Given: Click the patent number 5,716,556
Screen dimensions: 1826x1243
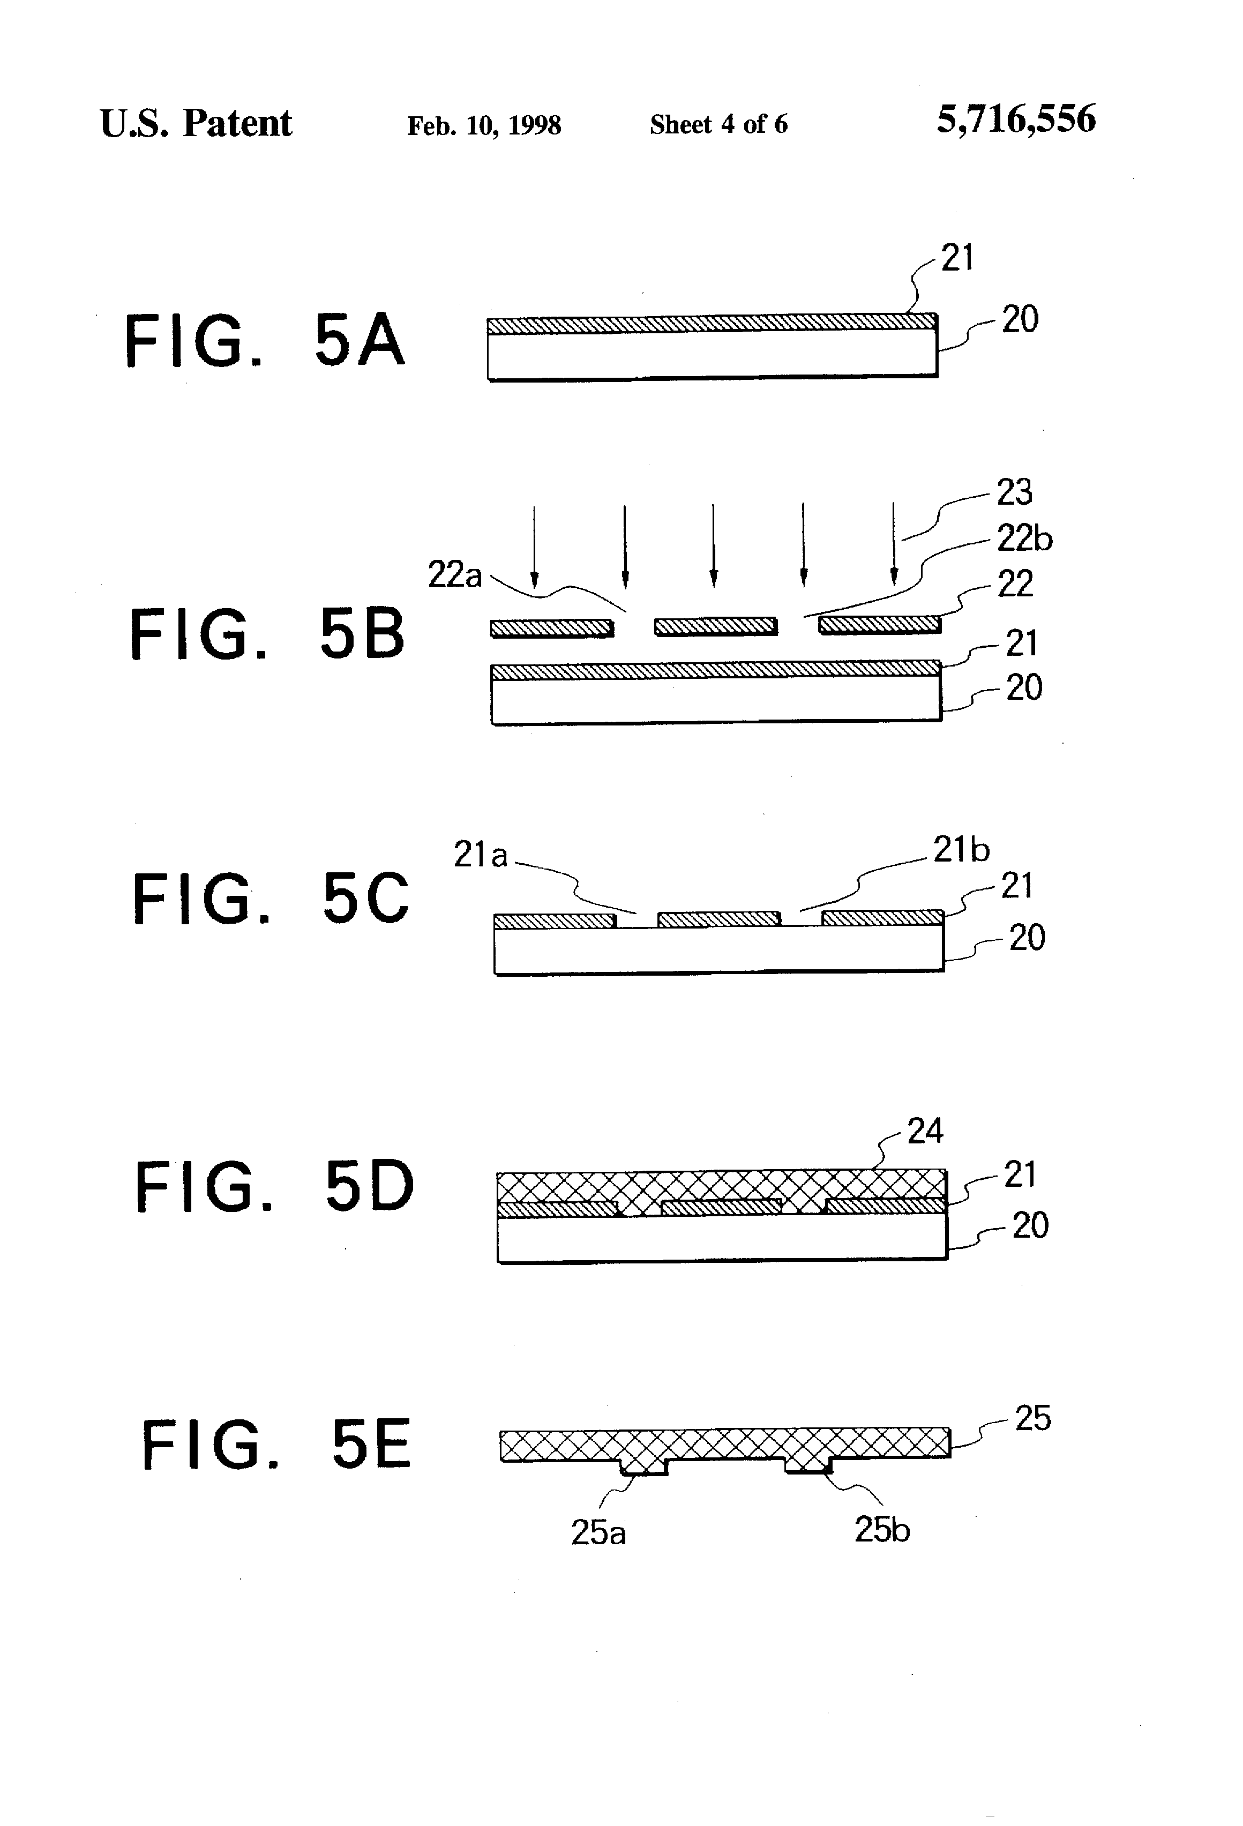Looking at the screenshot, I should (1015, 120).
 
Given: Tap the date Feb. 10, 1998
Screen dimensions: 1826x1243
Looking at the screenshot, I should (483, 125).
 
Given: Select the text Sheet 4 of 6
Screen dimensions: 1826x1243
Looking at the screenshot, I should (718, 124).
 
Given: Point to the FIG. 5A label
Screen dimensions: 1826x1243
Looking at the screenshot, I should (265, 340).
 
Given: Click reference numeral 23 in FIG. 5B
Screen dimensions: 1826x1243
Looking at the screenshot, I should (1014, 492).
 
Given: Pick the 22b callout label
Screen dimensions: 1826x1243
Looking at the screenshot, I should (1024, 539).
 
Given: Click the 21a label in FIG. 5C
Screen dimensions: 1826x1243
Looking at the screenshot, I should (480, 854).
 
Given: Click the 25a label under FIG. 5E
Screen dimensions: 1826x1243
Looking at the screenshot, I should (598, 1532).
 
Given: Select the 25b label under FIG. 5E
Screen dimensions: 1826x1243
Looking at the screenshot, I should (881, 1530).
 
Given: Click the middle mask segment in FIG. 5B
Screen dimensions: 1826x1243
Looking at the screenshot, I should (716, 626).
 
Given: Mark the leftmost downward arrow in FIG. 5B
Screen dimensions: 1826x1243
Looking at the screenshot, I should (534, 546).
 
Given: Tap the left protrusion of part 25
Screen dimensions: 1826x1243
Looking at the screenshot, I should (643, 1465).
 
